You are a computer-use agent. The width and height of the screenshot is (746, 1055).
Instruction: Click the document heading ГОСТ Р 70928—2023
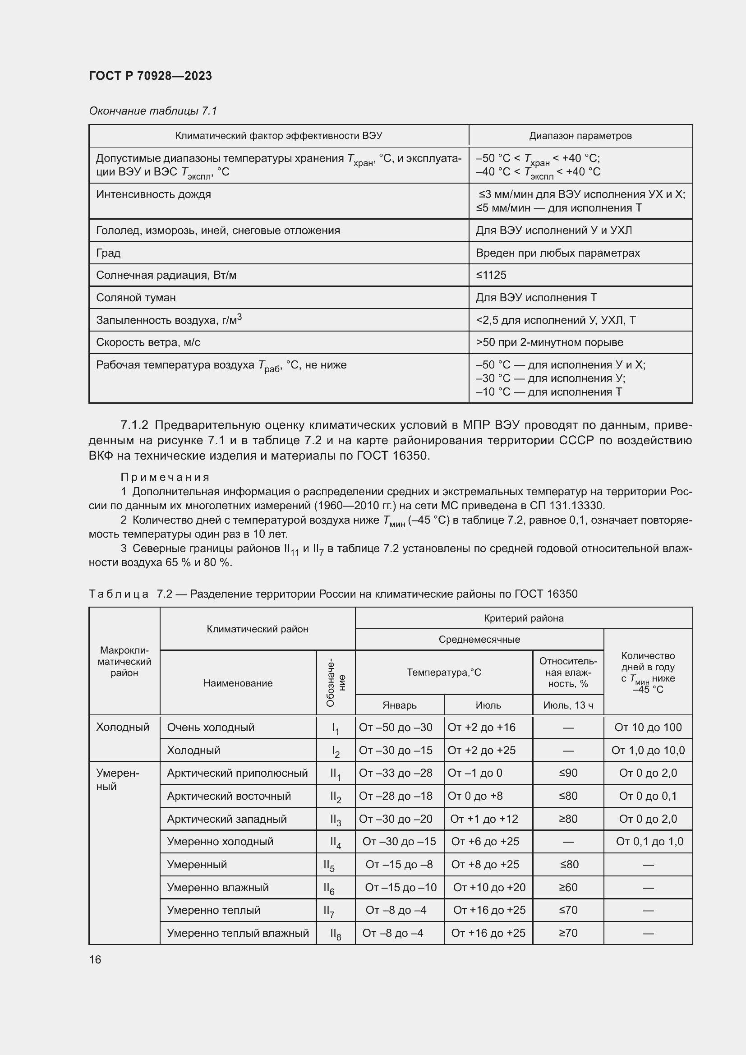click(150, 76)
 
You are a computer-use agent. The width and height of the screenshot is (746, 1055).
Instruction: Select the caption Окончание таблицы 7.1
click(152, 111)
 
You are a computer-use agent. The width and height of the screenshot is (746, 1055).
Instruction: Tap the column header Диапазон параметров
click(580, 136)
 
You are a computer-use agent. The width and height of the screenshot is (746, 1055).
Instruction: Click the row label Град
click(108, 253)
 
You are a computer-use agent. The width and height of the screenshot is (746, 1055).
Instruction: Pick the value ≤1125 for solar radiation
click(491, 275)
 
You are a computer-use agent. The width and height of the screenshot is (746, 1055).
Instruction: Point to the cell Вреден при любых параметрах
click(557, 253)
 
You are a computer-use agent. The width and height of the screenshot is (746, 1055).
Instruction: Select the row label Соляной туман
click(136, 297)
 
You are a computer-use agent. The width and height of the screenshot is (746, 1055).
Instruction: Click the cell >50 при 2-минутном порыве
click(549, 342)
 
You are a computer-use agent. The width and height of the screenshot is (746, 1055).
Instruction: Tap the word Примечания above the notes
click(165, 477)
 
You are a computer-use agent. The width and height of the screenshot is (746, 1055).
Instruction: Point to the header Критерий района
click(524, 618)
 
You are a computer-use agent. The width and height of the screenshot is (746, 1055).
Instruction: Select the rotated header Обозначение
click(336, 683)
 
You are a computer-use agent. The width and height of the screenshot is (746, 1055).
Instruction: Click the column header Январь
click(399, 705)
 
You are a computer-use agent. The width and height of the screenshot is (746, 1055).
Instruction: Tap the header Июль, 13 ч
click(568, 705)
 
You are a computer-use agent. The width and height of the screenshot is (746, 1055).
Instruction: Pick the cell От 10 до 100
click(648, 728)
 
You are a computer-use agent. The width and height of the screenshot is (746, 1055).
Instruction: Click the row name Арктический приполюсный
click(237, 773)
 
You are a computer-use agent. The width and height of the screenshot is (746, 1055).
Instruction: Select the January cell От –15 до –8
click(399, 864)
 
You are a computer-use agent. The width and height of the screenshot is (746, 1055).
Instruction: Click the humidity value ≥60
click(568, 887)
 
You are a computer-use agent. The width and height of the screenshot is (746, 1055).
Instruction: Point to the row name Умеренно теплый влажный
click(238, 933)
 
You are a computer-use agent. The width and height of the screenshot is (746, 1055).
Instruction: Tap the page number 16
click(95, 959)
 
